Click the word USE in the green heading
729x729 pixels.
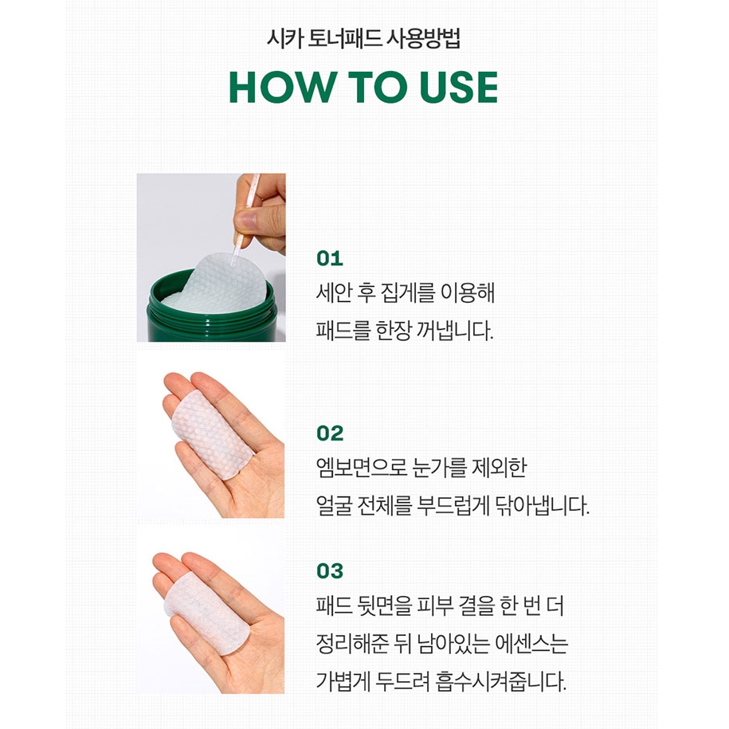coord(458,87)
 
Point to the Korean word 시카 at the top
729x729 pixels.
coord(284,38)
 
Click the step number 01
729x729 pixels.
coord(330,258)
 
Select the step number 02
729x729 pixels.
coord(330,433)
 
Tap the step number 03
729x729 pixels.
coord(330,571)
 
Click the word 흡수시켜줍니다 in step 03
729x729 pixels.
coord(501,681)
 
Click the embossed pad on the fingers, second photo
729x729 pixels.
coord(212,435)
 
